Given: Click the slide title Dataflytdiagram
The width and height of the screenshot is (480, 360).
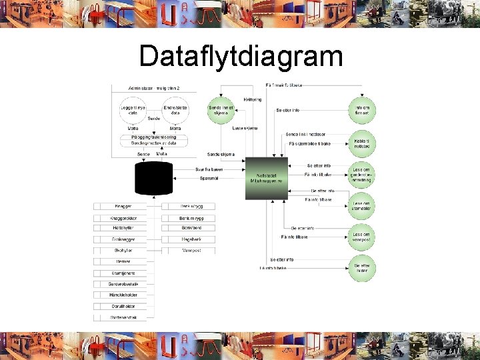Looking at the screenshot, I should (241, 57).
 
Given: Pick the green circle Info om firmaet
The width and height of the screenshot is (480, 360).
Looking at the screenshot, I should (363, 111).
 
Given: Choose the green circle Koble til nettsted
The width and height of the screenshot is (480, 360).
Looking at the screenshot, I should (363, 142).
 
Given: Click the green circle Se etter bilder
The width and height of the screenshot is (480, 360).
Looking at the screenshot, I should (363, 268).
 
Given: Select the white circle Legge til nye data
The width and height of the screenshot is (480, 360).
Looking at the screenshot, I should (133, 111).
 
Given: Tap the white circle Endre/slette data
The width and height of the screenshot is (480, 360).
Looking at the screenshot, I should (175, 111).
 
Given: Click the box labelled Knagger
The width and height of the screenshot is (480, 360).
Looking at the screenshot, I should (124, 207).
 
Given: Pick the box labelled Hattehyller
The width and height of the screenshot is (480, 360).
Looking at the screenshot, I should (124, 228).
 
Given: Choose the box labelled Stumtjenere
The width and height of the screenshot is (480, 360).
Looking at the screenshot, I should (124, 273).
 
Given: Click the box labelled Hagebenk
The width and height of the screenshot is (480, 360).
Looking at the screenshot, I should (191, 239).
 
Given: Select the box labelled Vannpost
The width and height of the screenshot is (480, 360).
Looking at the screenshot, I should (191, 251).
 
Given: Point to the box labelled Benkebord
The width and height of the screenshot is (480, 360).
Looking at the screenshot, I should (191, 228).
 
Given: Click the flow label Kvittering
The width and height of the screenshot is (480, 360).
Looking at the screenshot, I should (252, 99).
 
